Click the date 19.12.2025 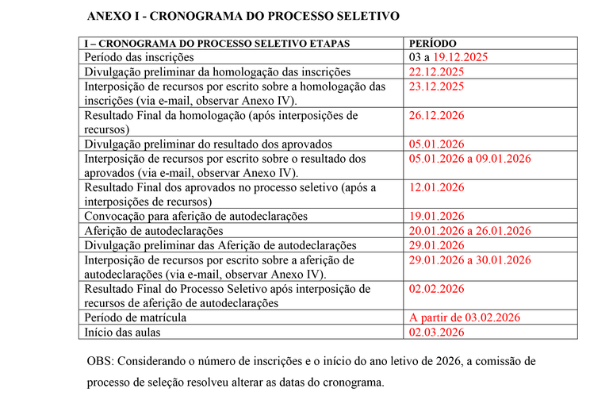coord(461,57)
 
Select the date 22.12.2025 coord(436,71)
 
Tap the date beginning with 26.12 coord(436,116)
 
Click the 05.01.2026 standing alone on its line coord(436,144)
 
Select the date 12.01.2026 coord(436,188)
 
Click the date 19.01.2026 coord(436,216)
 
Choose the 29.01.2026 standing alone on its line coord(436,245)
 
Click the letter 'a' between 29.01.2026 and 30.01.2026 coord(469,260)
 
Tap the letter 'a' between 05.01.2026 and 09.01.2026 coord(469,159)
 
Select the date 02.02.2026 coord(436,289)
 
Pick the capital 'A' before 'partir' coord(412,317)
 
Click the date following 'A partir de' coord(493,317)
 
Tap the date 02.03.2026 coord(436,332)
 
